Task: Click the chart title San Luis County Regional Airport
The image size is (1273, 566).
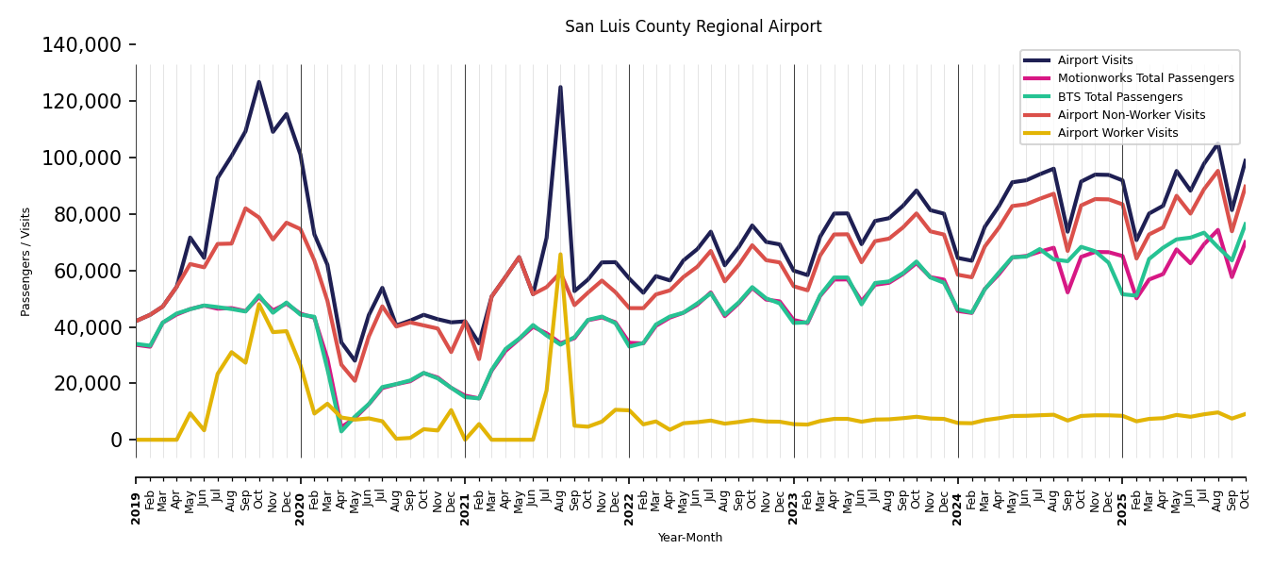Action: click(693, 26)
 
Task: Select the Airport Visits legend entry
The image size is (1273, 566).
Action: click(1095, 60)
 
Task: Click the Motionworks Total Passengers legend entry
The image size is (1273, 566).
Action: click(1145, 78)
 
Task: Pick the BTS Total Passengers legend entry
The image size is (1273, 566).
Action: click(1119, 97)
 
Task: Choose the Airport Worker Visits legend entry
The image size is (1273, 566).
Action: click(1117, 133)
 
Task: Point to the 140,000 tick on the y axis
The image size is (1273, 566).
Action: click(82, 44)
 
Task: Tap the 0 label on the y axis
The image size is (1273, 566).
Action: click(116, 440)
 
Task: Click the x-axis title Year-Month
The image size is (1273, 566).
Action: click(690, 538)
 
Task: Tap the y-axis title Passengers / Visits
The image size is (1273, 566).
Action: click(26, 261)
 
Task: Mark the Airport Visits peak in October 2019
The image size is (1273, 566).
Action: click(259, 82)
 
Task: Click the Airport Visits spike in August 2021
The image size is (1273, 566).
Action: click(560, 87)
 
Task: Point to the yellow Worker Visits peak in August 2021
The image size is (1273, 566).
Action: click(560, 254)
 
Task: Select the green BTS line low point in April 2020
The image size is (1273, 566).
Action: click(341, 431)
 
